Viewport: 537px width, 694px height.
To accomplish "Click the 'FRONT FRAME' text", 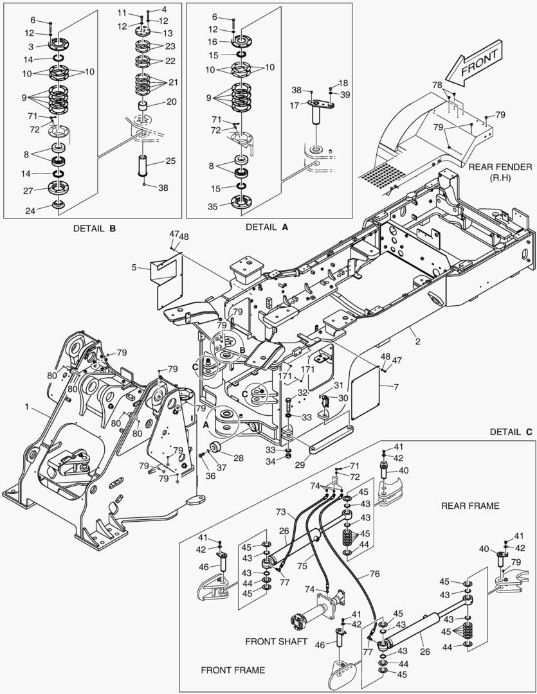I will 232,670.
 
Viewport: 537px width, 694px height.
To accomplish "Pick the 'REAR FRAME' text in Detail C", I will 469,506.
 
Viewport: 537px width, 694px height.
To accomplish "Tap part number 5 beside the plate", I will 134,268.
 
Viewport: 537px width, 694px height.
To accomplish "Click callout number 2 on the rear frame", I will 417,341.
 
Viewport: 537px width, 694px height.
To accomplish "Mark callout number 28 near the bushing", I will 238,458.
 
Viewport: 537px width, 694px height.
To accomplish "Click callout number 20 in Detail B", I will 170,101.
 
